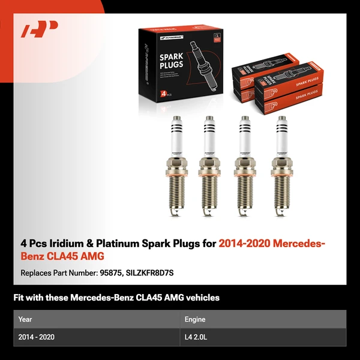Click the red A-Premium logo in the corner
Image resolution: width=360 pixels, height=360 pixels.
tap(40, 29)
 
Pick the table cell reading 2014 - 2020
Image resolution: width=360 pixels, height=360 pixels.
tap(37, 337)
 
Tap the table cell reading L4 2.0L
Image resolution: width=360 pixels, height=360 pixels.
tap(196, 337)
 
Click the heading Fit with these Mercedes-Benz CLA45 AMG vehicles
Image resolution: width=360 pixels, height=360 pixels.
tap(116, 298)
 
